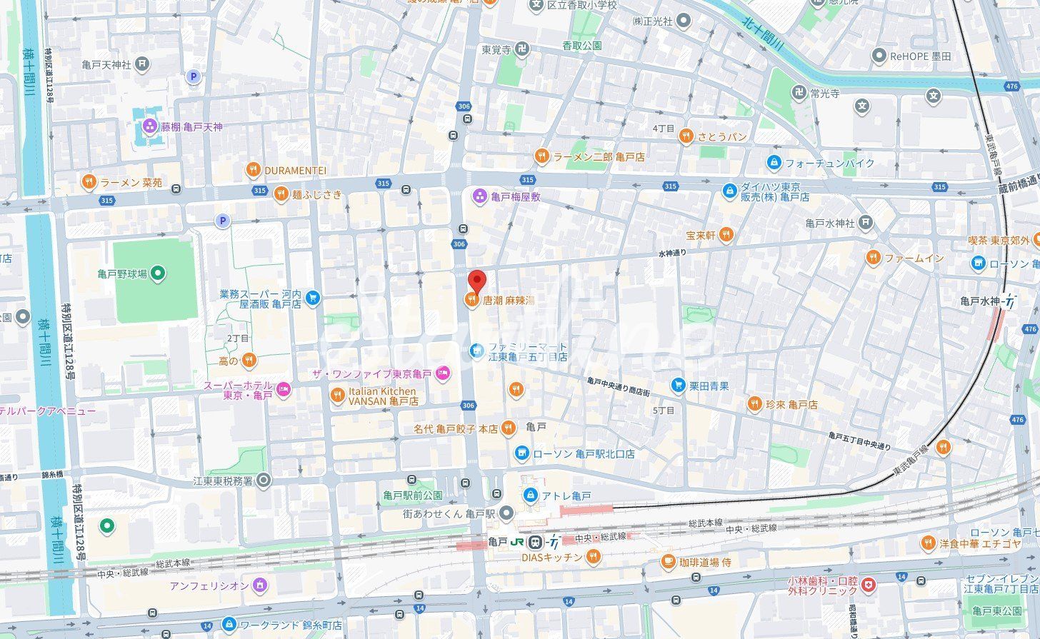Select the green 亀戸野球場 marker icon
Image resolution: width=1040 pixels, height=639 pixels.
point(159,273)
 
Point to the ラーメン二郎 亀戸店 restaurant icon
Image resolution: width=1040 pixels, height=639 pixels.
point(542,156)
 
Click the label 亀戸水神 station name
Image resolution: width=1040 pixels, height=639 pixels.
point(979,301)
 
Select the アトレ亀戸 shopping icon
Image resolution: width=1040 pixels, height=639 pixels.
point(530,495)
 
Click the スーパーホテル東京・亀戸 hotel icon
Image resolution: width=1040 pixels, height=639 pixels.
point(284,389)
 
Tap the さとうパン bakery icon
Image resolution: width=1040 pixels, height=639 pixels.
point(686,136)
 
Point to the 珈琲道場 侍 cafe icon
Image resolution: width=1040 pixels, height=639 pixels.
point(668,562)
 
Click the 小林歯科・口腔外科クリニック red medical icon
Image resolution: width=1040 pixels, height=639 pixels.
point(868,585)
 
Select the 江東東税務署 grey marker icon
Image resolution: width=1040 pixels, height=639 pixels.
point(264,480)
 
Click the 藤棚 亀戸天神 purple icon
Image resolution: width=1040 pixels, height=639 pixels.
point(149,127)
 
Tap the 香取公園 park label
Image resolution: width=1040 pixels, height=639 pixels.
point(581,45)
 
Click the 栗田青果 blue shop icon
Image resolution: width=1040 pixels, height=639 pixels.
point(678,386)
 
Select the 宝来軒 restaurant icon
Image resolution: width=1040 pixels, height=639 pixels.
point(726,234)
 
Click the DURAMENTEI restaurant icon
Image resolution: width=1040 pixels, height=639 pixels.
point(253,170)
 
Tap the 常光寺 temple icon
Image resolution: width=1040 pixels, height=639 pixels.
point(798,93)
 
